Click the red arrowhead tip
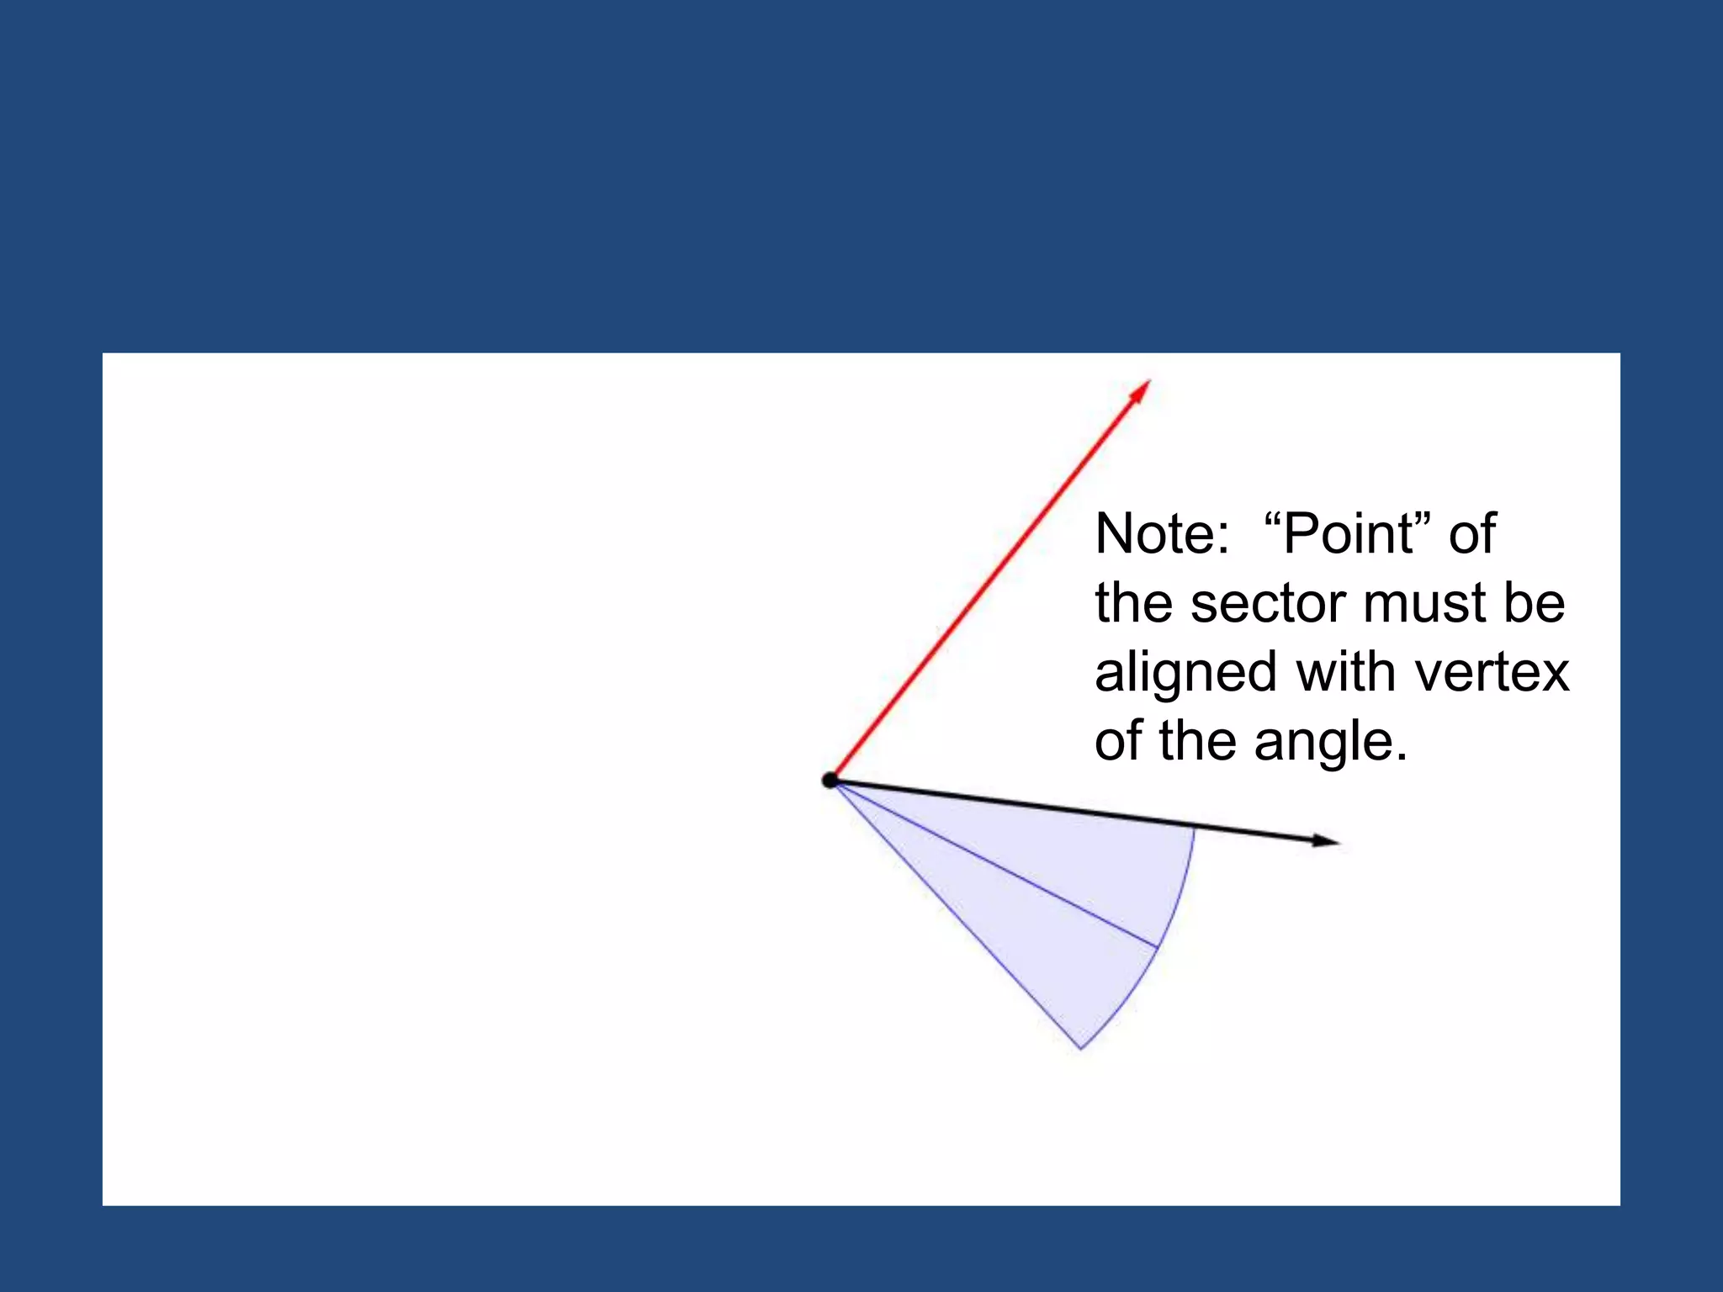point(1149,381)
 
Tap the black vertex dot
point(830,781)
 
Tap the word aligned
point(1186,673)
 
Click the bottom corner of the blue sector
point(1081,1049)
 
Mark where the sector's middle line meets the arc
point(1158,948)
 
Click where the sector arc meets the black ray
point(1194,828)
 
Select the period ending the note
point(1401,757)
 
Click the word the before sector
point(1135,603)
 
